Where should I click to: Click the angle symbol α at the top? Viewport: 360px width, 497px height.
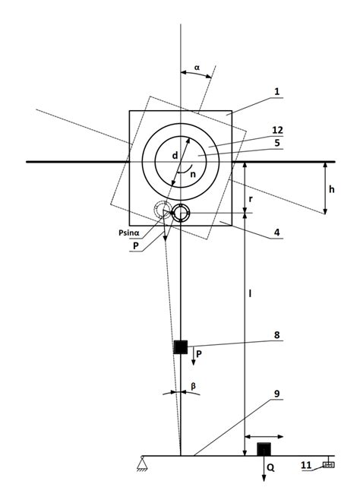pyautogui.click(x=197, y=68)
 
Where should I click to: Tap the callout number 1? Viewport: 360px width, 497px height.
pyautogui.click(x=277, y=91)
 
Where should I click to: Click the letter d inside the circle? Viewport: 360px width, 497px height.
pyautogui.click(x=175, y=156)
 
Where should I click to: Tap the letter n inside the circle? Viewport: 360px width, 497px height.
pyautogui.click(x=194, y=173)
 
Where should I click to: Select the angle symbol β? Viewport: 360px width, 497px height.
pyautogui.click(x=194, y=385)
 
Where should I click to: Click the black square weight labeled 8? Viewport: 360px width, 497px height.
pyautogui.click(x=181, y=347)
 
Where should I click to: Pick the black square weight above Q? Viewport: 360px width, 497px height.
pyautogui.click(x=264, y=448)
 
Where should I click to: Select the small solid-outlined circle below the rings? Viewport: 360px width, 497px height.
pyautogui.click(x=180, y=214)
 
